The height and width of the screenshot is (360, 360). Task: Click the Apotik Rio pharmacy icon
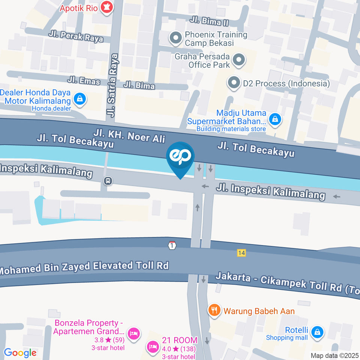pyautogui.click(x=107, y=8)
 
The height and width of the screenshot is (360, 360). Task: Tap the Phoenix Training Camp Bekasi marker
pyautogui.click(x=175, y=38)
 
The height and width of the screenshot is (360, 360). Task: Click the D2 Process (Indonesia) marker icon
pyautogui.click(x=234, y=83)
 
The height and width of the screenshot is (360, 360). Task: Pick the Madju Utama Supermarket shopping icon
pyautogui.click(x=275, y=119)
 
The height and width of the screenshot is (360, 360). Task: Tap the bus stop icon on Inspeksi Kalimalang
pyautogui.click(x=108, y=181)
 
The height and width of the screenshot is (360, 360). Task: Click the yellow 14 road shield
pyautogui.click(x=241, y=253)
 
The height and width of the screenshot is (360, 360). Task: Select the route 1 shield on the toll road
pyautogui.click(x=172, y=245)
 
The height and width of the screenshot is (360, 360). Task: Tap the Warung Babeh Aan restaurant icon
pyautogui.click(x=214, y=310)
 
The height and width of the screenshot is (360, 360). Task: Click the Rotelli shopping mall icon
pyautogui.click(x=317, y=331)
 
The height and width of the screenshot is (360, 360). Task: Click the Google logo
pyautogui.click(x=20, y=352)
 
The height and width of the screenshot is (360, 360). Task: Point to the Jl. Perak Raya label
pyautogui.click(x=76, y=36)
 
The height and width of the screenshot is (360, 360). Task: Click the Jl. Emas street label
pyautogui.click(x=84, y=81)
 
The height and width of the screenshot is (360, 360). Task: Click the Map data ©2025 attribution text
pyautogui.click(x=334, y=355)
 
